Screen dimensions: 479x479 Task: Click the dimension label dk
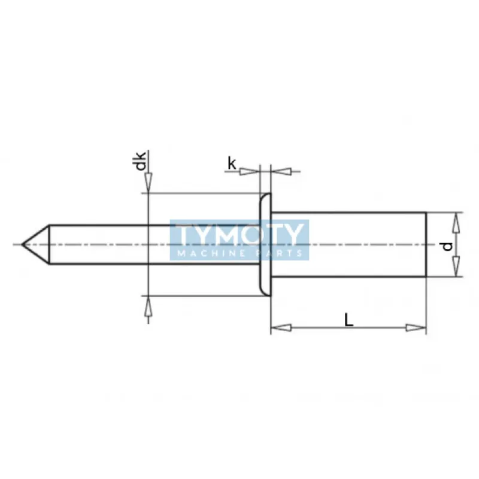coord(140,162)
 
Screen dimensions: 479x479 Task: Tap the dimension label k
coord(231,162)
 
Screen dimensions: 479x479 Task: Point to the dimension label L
coord(349,320)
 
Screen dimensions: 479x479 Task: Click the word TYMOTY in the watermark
coord(239,235)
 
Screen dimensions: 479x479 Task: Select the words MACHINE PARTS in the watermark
coord(239,254)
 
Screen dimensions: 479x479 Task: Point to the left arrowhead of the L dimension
coord(280,328)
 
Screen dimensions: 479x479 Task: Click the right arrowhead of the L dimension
coord(416,328)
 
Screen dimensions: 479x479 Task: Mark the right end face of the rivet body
coord(426,244)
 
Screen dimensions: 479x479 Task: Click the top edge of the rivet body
coord(347,213)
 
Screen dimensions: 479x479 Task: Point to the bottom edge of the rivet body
coord(347,277)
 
